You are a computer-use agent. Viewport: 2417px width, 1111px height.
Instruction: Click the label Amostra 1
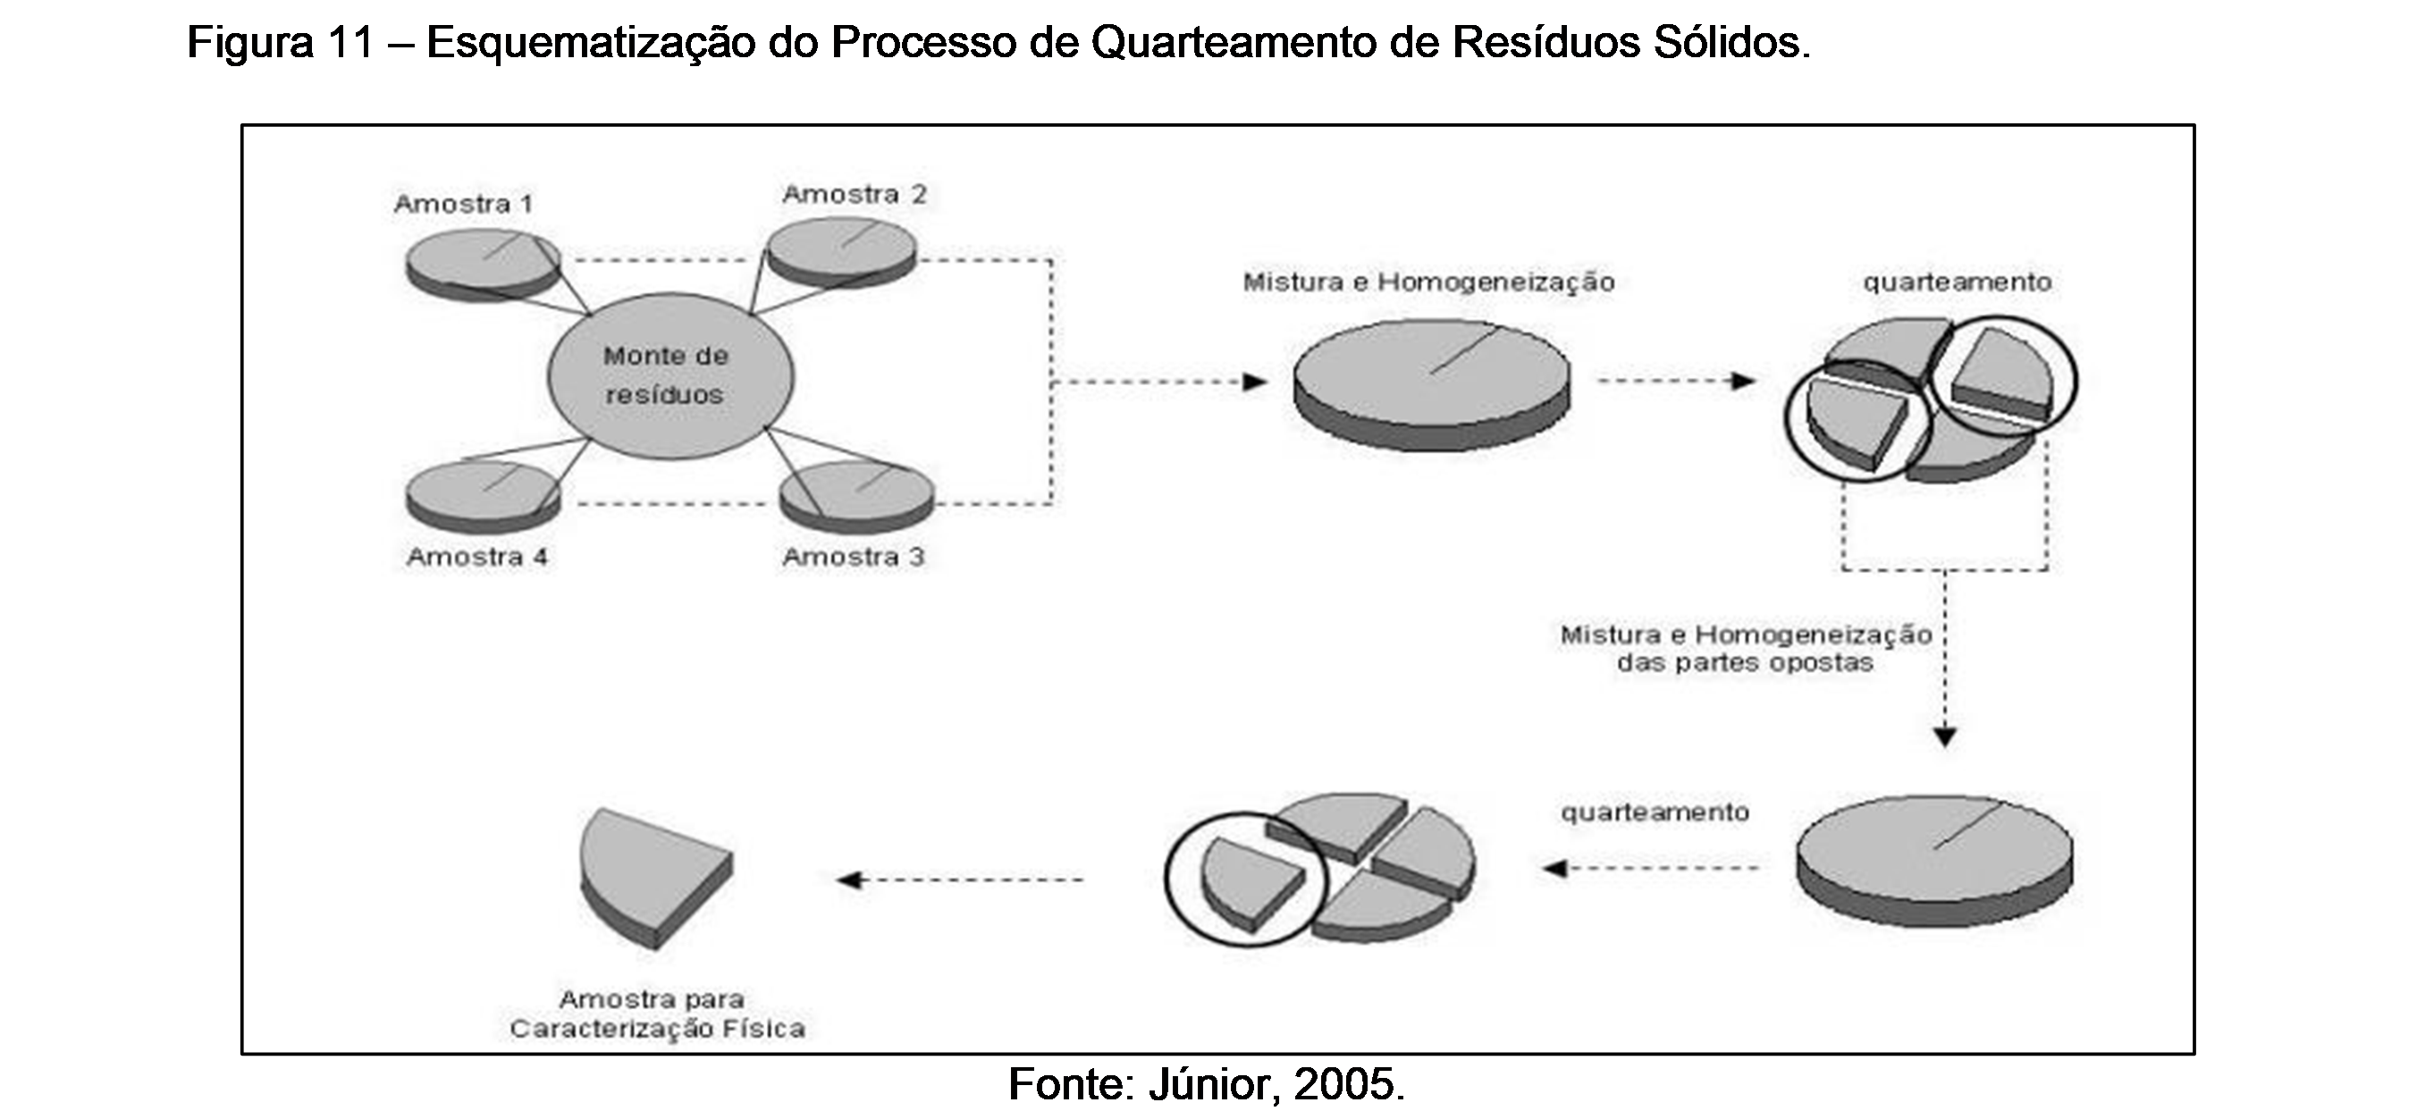[x=464, y=204]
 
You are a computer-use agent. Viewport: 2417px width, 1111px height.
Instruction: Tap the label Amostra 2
[x=854, y=194]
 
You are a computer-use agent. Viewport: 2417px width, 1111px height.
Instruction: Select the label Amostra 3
[x=853, y=557]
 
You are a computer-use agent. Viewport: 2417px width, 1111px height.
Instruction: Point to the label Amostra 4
[x=476, y=557]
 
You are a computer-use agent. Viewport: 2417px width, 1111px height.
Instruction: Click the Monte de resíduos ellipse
[x=670, y=375]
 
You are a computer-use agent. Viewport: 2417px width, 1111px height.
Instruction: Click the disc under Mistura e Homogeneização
[x=1431, y=380]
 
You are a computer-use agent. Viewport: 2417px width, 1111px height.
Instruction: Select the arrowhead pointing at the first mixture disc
[x=1255, y=382]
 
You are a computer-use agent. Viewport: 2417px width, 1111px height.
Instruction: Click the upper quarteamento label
[x=1958, y=282]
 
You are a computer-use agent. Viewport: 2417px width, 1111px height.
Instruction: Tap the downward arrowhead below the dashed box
[x=1945, y=736]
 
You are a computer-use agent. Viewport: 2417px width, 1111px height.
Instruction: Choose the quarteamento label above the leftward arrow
[x=1655, y=812]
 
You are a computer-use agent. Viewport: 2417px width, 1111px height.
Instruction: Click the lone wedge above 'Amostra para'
[x=655, y=872]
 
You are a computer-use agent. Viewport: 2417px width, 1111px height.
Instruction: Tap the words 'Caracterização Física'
[x=657, y=1029]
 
